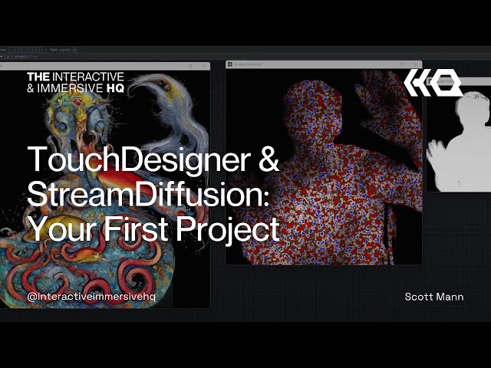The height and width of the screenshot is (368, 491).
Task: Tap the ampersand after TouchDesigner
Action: click(268, 159)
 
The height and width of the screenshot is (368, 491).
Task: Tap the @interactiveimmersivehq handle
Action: click(91, 297)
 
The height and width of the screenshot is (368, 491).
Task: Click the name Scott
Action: click(420, 297)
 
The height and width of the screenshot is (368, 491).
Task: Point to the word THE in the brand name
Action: click(39, 77)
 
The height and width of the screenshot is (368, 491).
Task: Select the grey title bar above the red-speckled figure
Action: click(323, 65)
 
